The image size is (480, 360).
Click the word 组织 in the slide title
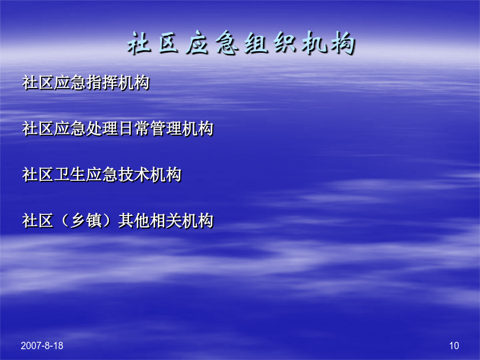click(x=270, y=43)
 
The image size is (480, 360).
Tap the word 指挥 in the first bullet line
click(x=102, y=83)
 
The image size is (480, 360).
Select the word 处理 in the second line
click(x=102, y=129)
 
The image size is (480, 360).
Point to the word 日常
click(x=134, y=129)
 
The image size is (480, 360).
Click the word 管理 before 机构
click(x=166, y=129)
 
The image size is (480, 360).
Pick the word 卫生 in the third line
click(x=70, y=175)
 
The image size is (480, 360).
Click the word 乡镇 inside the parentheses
click(x=86, y=221)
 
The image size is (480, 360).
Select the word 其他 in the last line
click(x=134, y=221)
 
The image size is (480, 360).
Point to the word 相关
click(x=166, y=221)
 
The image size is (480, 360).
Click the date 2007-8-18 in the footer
click(x=42, y=346)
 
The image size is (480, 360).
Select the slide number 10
click(x=454, y=346)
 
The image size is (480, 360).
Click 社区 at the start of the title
click(x=153, y=43)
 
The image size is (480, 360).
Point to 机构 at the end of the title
click(x=329, y=43)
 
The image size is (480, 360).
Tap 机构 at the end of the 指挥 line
click(x=134, y=83)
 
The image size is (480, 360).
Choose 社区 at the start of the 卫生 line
click(x=38, y=175)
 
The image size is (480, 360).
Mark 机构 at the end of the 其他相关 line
click(x=197, y=221)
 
